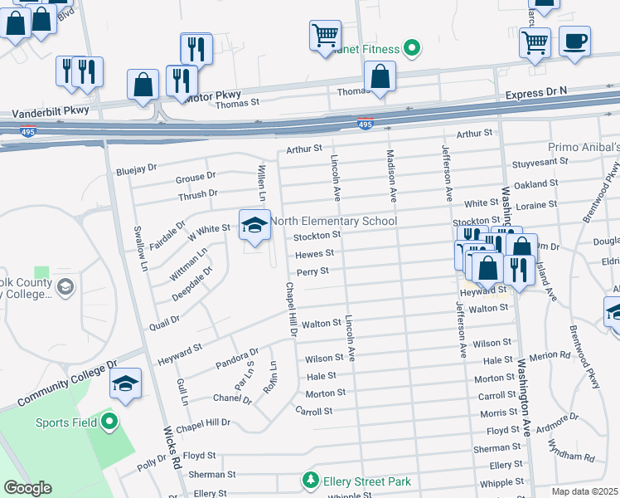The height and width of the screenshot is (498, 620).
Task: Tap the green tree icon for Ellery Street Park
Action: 310,481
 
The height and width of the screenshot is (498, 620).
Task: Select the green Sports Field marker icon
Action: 110,422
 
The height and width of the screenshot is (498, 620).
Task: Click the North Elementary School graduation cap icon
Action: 254,224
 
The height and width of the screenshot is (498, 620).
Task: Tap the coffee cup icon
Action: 574,40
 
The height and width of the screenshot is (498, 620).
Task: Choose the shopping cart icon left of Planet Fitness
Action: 325,36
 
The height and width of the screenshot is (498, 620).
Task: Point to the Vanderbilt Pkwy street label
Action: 50,110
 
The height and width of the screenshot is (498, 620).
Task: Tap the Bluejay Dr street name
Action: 136,168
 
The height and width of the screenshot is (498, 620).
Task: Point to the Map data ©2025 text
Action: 585,491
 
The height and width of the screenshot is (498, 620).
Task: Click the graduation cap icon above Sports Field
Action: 125,383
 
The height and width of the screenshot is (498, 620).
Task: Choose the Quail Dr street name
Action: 165,321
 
